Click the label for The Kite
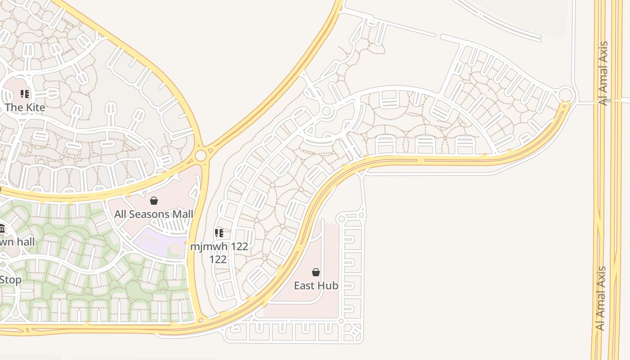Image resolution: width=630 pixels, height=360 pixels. [x=25, y=108]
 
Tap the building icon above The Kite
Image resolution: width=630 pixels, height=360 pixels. [x=25, y=94]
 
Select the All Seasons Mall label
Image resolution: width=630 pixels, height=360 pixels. [x=153, y=214]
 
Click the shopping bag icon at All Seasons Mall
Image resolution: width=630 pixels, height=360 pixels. [x=154, y=201]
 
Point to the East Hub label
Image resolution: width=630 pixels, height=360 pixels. [x=316, y=285]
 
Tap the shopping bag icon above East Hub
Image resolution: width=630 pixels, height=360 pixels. [x=316, y=272]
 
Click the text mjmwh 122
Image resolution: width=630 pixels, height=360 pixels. [x=219, y=247]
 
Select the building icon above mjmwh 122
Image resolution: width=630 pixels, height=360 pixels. [x=219, y=233]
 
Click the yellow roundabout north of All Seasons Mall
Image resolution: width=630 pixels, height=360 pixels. [x=201, y=156]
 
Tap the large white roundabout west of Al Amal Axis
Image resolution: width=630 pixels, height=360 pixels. [x=566, y=95]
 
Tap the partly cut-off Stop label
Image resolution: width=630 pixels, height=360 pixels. [x=10, y=280]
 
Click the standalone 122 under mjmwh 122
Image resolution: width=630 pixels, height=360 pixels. [x=218, y=260]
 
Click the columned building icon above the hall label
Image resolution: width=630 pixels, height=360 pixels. [x=2, y=229]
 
